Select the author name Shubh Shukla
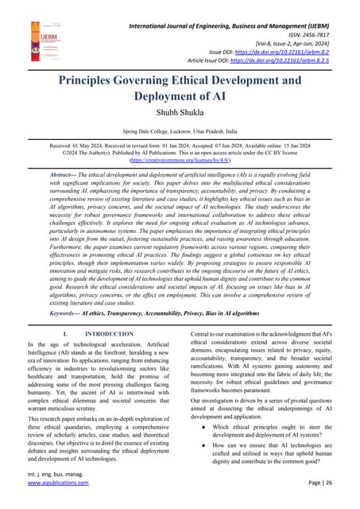(180, 115)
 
